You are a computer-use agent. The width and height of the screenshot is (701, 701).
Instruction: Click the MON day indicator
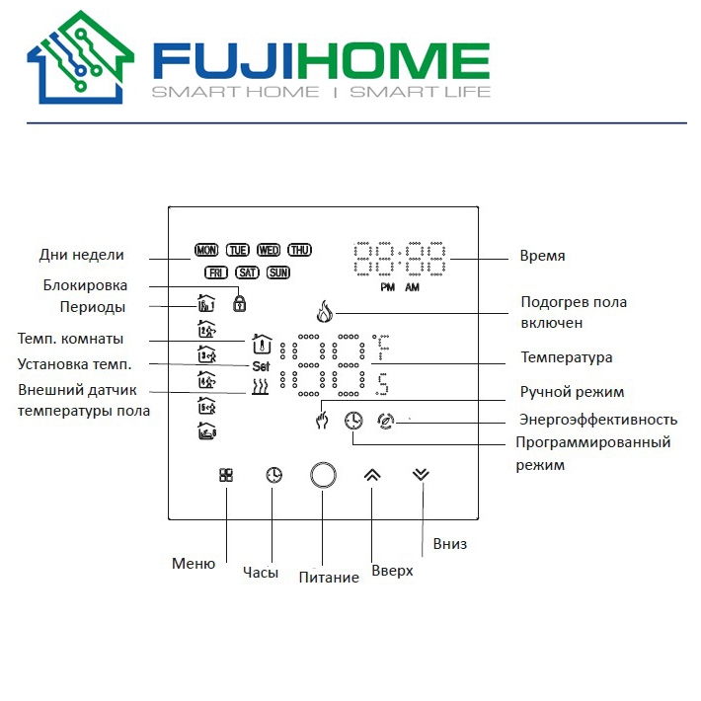click(206, 250)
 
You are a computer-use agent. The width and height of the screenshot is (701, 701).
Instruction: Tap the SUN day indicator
click(278, 273)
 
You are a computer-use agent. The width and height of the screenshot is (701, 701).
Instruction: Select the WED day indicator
click(269, 250)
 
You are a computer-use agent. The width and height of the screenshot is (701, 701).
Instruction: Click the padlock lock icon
click(240, 303)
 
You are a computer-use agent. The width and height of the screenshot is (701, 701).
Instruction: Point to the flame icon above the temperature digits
click(325, 311)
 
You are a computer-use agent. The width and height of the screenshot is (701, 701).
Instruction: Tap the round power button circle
click(323, 475)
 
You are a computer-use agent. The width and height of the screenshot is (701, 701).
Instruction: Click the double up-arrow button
click(372, 475)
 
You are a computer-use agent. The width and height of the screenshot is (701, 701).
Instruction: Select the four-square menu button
click(226, 475)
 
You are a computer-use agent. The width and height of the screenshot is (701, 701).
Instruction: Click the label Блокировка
click(85, 285)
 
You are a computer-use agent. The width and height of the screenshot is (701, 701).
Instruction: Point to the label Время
click(542, 256)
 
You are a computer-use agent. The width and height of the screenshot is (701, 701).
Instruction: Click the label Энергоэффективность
click(598, 420)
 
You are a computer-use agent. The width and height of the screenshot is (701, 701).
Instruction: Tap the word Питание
click(329, 578)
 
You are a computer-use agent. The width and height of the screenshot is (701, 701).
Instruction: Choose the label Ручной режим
click(572, 392)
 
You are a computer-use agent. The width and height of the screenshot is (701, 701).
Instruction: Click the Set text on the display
click(261, 366)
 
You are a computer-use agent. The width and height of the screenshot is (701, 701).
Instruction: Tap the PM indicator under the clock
click(388, 287)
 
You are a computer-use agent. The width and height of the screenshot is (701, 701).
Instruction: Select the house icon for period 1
click(206, 303)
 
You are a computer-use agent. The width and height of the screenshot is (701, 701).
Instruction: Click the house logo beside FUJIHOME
click(81, 57)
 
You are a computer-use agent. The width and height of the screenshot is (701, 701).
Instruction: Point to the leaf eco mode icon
click(385, 421)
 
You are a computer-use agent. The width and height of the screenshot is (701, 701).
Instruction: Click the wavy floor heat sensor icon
click(261, 387)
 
